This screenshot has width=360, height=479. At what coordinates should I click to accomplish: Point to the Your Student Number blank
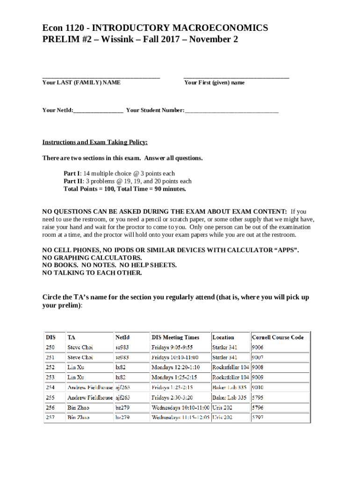coord(231,111)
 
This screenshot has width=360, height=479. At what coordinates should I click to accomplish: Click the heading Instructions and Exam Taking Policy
coord(95,142)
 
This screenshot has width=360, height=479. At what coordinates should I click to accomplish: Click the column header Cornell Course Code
coord(278,337)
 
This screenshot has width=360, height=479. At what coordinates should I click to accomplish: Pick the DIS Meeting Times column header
coord(175,337)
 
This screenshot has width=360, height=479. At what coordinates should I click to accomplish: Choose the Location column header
coord(223,337)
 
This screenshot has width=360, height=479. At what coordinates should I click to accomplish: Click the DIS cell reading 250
coord(50,348)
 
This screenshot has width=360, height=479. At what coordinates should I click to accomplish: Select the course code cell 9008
coord(258,368)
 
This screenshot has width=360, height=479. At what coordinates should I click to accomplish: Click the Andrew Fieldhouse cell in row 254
coord(90,387)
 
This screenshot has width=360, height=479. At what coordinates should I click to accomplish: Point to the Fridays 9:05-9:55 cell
coord(172,348)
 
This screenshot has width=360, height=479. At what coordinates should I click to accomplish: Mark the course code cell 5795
coord(258,398)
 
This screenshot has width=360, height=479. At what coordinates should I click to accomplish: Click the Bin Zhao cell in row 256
coord(79,407)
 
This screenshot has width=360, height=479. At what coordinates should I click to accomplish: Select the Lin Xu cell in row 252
coord(76,368)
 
